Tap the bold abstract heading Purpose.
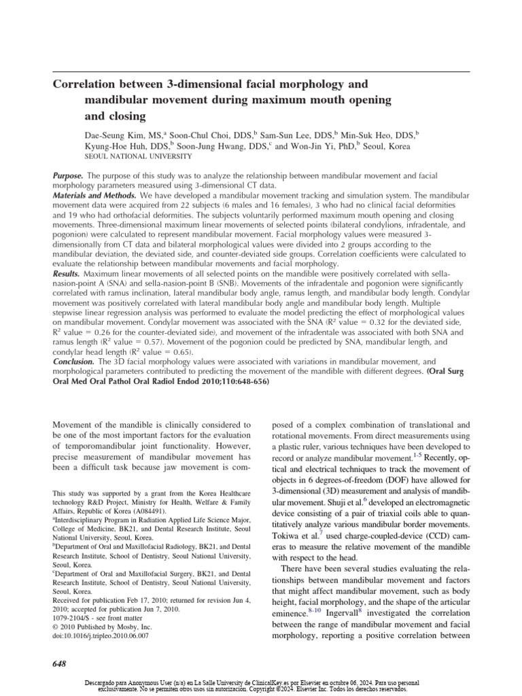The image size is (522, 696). tap(68, 176)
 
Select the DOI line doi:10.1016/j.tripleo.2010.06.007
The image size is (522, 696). tap(100, 636)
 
